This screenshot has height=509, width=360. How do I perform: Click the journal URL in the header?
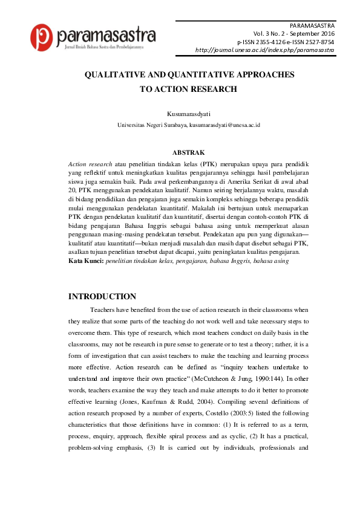coord(265,50)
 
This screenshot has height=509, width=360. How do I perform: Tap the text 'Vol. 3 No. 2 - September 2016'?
coord(293,34)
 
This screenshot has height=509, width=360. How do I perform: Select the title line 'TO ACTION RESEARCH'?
coord(188,89)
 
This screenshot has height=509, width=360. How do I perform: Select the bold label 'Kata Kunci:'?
coord(86,261)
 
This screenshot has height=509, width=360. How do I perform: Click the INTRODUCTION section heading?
coord(102,296)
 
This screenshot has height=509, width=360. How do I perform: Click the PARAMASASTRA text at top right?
coord(312,27)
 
